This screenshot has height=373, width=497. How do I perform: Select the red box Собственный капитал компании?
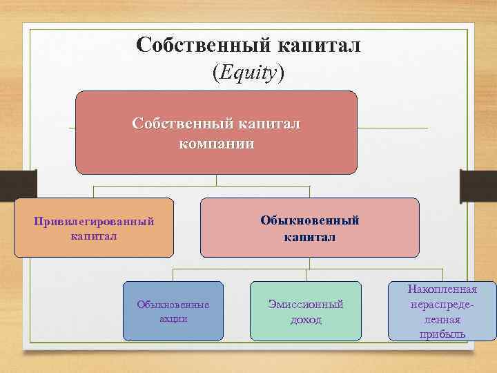[x=216, y=132]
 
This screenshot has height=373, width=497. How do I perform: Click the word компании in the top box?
[x=216, y=144]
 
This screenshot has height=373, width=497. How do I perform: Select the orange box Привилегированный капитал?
[x=94, y=227]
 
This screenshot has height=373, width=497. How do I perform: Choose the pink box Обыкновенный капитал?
[x=309, y=227]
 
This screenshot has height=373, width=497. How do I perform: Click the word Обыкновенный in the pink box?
[x=309, y=220]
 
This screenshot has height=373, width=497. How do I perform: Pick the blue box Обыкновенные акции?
[x=173, y=311]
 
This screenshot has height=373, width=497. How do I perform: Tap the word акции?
[x=173, y=318]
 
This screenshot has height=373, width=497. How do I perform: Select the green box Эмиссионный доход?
[x=305, y=311]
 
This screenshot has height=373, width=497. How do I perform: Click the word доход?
[x=305, y=320]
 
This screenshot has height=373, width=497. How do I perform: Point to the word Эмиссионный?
[x=305, y=305]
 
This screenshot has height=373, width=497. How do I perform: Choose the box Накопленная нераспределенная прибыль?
[x=442, y=311]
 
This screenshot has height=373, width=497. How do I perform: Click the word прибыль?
[x=442, y=334]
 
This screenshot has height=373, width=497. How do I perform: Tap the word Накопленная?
[x=442, y=289]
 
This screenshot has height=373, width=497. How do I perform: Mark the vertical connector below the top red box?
[x=216, y=180]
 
